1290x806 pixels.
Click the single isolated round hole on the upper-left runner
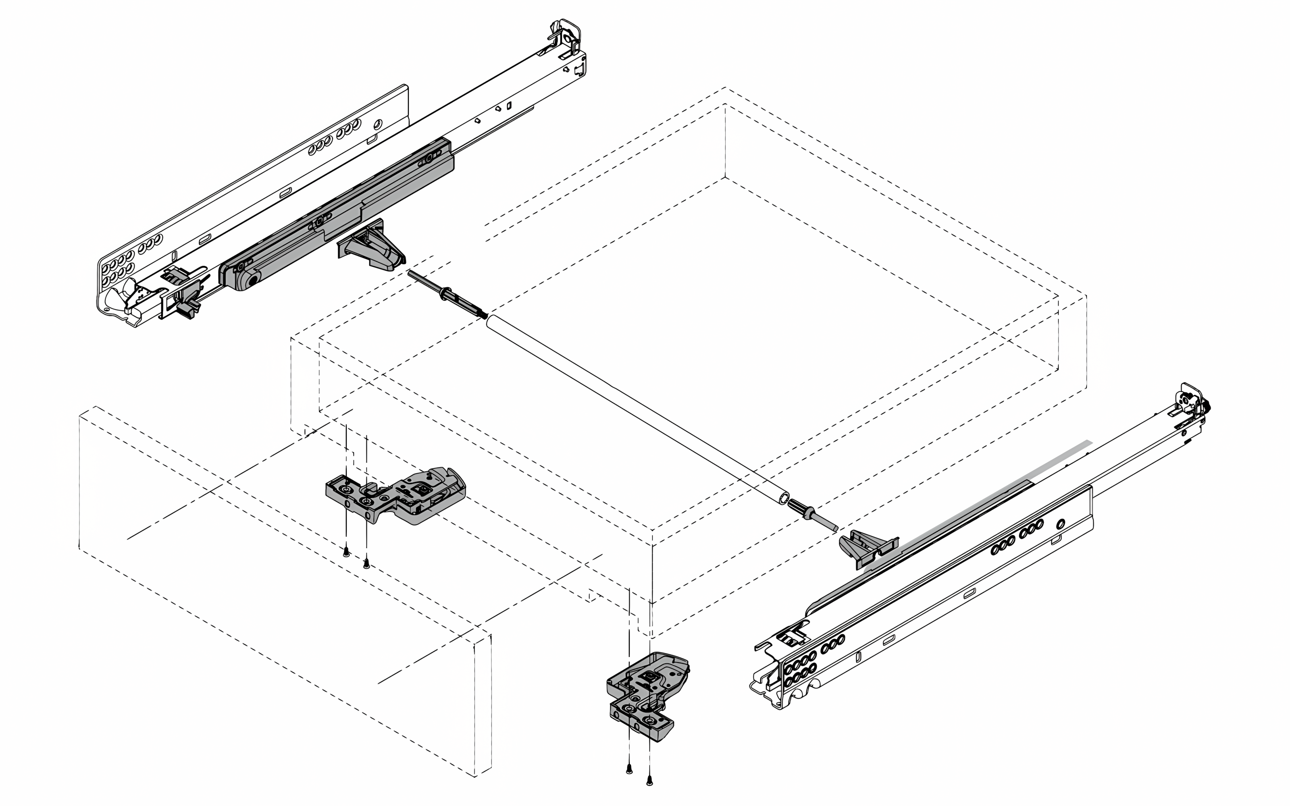click(378, 124)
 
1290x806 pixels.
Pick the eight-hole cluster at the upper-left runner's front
click(119, 269)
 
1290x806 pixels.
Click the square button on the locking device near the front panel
click(421, 487)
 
